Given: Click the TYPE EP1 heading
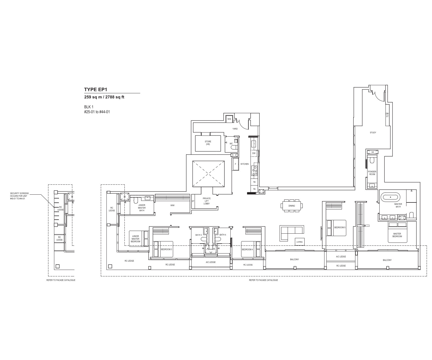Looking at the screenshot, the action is pyautogui.click(x=96, y=90).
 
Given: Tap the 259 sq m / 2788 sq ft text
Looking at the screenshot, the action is pyautogui.click(x=104, y=97).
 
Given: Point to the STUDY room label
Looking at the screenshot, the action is pyautogui.click(x=373, y=133).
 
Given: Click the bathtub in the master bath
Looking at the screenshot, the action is pyautogui.click(x=390, y=197).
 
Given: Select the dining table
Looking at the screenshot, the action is pyautogui.click(x=292, y=206).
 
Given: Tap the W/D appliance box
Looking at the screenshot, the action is pyautogui.click(x=229, y=119).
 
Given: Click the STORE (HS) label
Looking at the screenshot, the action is pyautogui.click(x=208, y=143).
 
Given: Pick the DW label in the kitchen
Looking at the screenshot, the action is pyautogui.click(x=254, y=153).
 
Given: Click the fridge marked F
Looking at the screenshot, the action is pyautogui.click(x=235, y=164).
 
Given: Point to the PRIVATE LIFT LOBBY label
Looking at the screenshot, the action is pyautogui.click(x=206, y=201).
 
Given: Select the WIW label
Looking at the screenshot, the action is pyautogui.click(x=172, y=205).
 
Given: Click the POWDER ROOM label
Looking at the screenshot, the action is pyautogui.click(x=372, y=173).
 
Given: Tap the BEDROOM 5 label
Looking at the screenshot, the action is pyautogui.click(x=340, y=227).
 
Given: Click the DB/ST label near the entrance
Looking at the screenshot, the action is pyautogui.click(x=387, y=115).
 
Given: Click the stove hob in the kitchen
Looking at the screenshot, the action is pyautogui.click(x=254, y=171).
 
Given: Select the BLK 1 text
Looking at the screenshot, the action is pyautogui.click(x=89, y=107).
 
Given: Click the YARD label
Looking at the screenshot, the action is pyautogui.click(x=235, y=129).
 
